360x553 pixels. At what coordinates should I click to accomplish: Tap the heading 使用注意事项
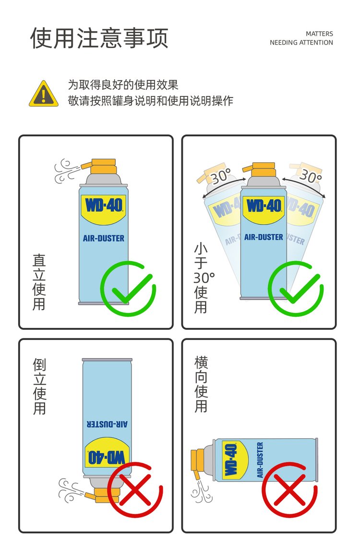pos(99,38)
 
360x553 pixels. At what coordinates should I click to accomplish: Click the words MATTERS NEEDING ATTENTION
pos(301,38)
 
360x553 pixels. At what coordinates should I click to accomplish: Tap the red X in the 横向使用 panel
pos(289,490)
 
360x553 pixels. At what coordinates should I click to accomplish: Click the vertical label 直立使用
pos(39,282)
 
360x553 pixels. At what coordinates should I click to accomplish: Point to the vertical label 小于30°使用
pos(202,278)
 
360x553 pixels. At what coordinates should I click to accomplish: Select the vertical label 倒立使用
pos(39,386)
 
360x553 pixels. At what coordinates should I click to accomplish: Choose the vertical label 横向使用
pos(201,385)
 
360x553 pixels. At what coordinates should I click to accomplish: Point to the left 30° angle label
pos(221,176)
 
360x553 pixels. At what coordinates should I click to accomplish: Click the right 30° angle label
pos(310,176)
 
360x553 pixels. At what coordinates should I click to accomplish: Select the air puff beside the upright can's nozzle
pos(65,171)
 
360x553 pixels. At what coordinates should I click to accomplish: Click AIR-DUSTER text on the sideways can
pos(260,460)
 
